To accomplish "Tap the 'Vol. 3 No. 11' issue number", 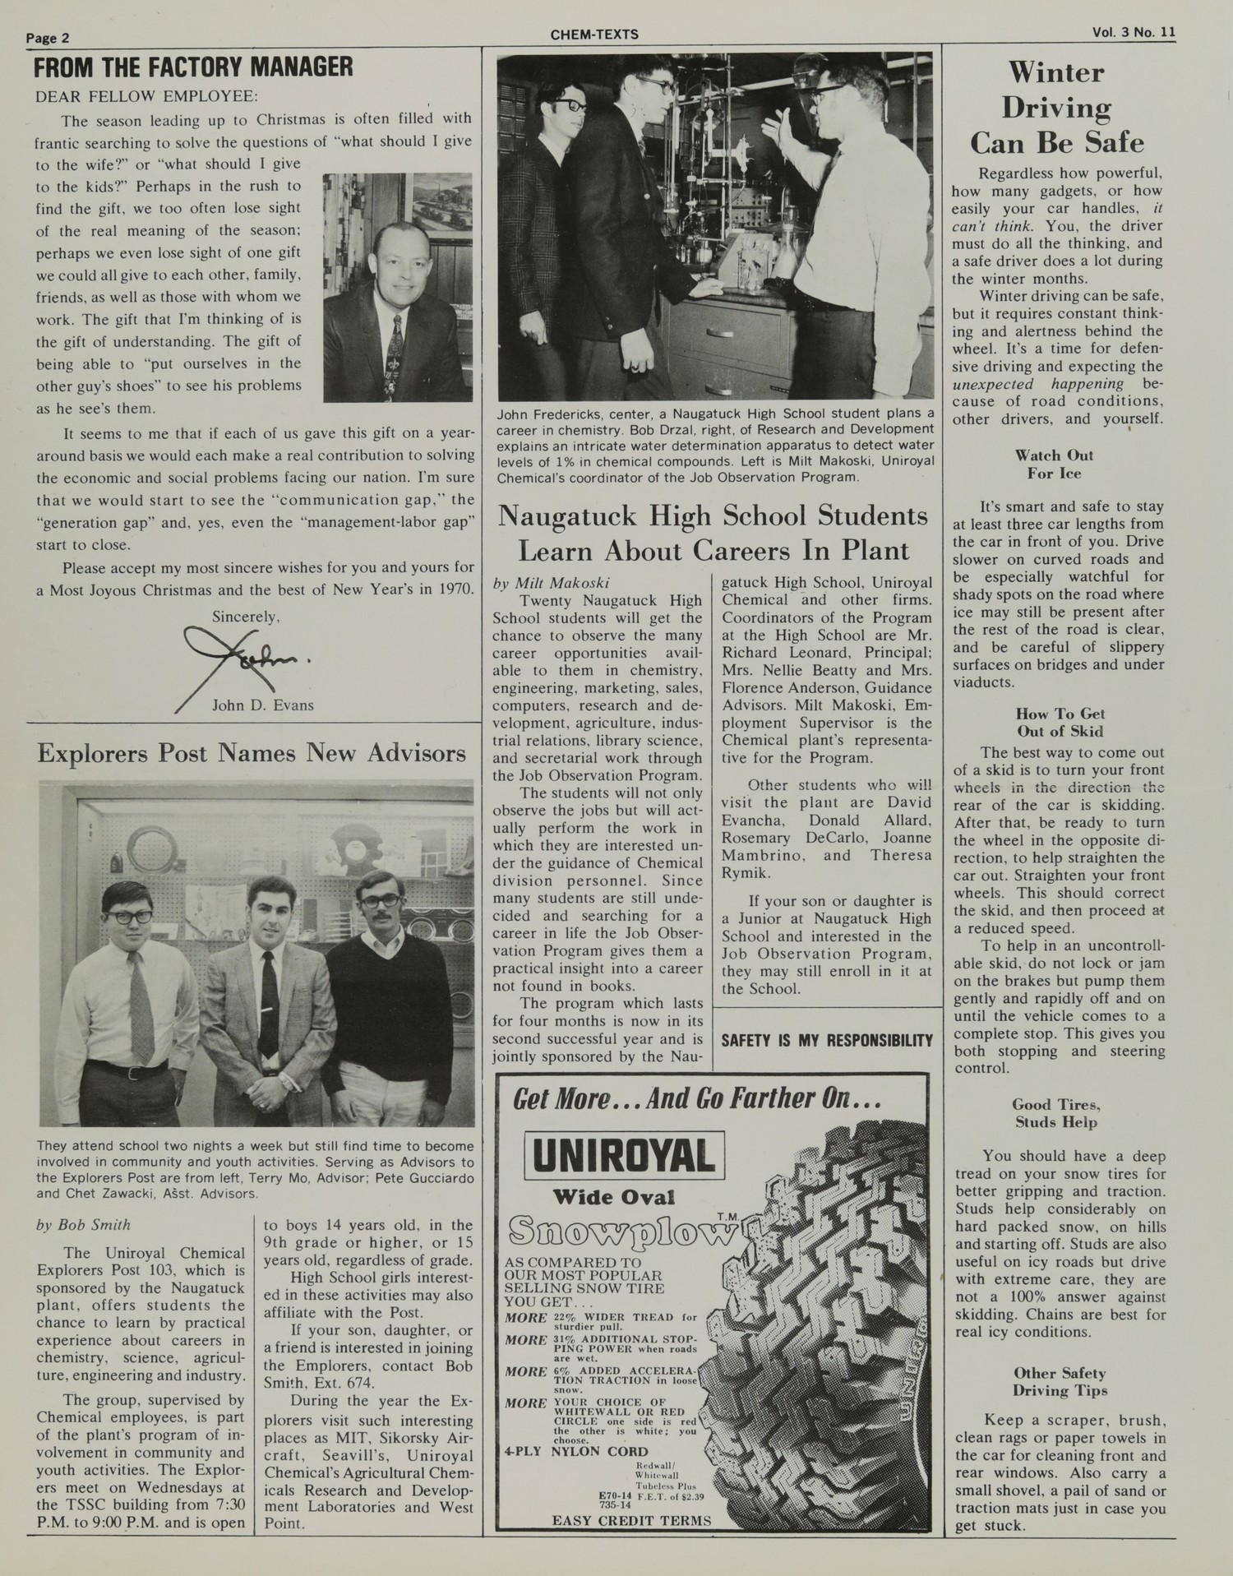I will coord(1134,33).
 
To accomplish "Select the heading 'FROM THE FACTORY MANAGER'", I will coord(193,67).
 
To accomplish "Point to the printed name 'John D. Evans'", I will coord(262,705).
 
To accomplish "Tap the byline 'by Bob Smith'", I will coord(83,1224).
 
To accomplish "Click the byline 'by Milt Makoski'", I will coord(551,583).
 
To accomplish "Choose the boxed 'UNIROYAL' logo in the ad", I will coord(625,1155).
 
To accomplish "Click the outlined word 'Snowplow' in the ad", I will coord(621,1231).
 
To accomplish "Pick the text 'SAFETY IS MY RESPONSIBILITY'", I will coord(827,1041).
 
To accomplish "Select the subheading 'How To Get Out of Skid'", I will coord(1060,723).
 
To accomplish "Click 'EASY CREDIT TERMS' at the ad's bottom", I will coord(631,1520).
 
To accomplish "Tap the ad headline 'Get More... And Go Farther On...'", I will coord(697,1099).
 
